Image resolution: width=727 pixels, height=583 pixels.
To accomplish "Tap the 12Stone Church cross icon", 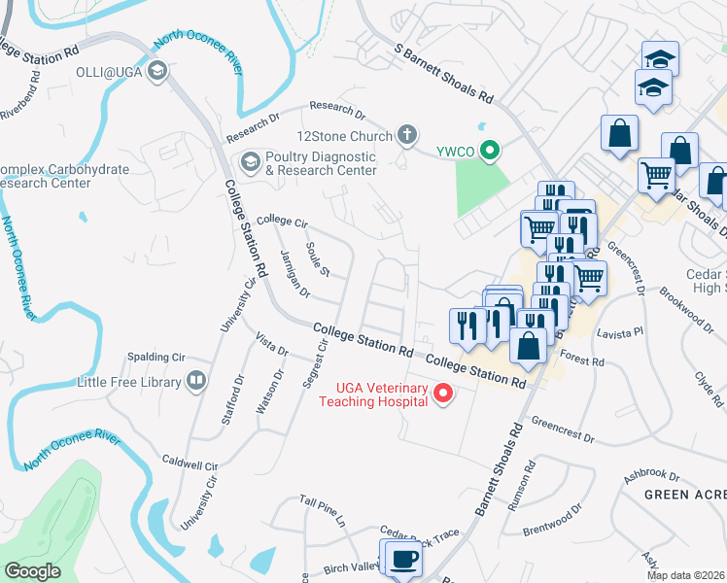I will (x=407, y=136).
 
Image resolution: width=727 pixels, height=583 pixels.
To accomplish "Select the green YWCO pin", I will (x=490, y=150).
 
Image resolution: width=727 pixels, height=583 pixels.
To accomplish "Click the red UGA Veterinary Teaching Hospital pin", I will (x=443, y=394).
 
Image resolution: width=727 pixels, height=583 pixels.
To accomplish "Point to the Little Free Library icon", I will (x=196, y=381).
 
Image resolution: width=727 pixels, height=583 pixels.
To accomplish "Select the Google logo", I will (x=32, y=571).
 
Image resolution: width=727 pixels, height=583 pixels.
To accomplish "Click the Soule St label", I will (x=319, y=258).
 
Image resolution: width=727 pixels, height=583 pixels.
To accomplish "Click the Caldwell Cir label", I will (x=189, y=464).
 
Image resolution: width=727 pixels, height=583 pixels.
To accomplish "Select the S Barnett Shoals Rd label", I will (x=443, y=74).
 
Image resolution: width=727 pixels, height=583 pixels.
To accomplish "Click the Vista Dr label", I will (x=271, y=344).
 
